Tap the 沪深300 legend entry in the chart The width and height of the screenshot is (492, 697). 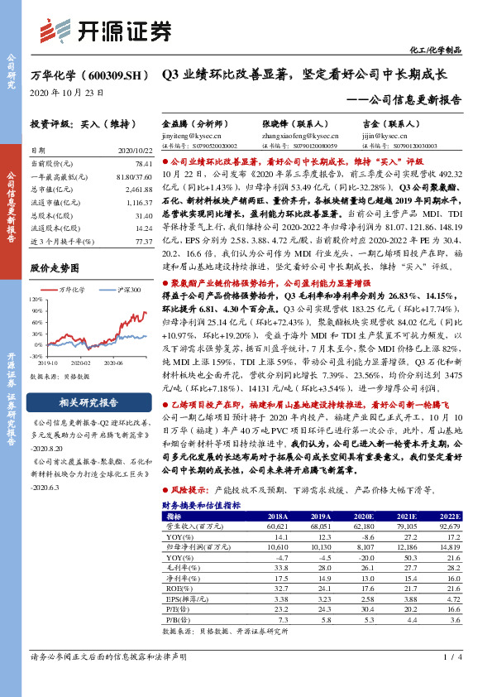pyautogui.click(x=124, y=290)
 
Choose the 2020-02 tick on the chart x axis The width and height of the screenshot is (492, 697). pyautogui.click(x=80, y=362)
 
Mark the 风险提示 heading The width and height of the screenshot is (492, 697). pyautogui.click(x=192, y=491)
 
